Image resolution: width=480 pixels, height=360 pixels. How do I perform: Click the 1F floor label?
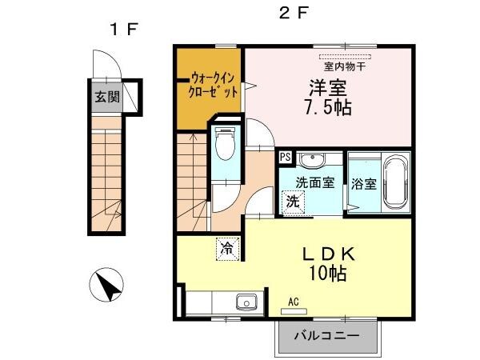coord(124,30)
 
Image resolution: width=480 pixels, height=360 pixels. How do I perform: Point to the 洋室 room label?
coord(328,86)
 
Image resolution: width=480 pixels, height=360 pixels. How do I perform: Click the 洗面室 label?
coord(314,182)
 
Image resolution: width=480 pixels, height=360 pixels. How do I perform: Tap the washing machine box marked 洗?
coord(294,201)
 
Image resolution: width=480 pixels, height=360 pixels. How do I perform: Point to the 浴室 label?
coord(364,183)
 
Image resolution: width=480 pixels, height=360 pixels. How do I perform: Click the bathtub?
coord(394,182)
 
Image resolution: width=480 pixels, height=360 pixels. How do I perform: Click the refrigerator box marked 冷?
coord(226,249)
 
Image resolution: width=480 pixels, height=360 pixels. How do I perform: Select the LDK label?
coord(326,254)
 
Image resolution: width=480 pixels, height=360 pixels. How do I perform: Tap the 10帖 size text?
coord(326,274)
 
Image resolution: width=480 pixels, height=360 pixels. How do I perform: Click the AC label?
coord(294,302)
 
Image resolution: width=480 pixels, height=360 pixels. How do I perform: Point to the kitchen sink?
coord(244,302)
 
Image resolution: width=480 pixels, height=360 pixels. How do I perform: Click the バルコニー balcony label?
coord(326,336)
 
